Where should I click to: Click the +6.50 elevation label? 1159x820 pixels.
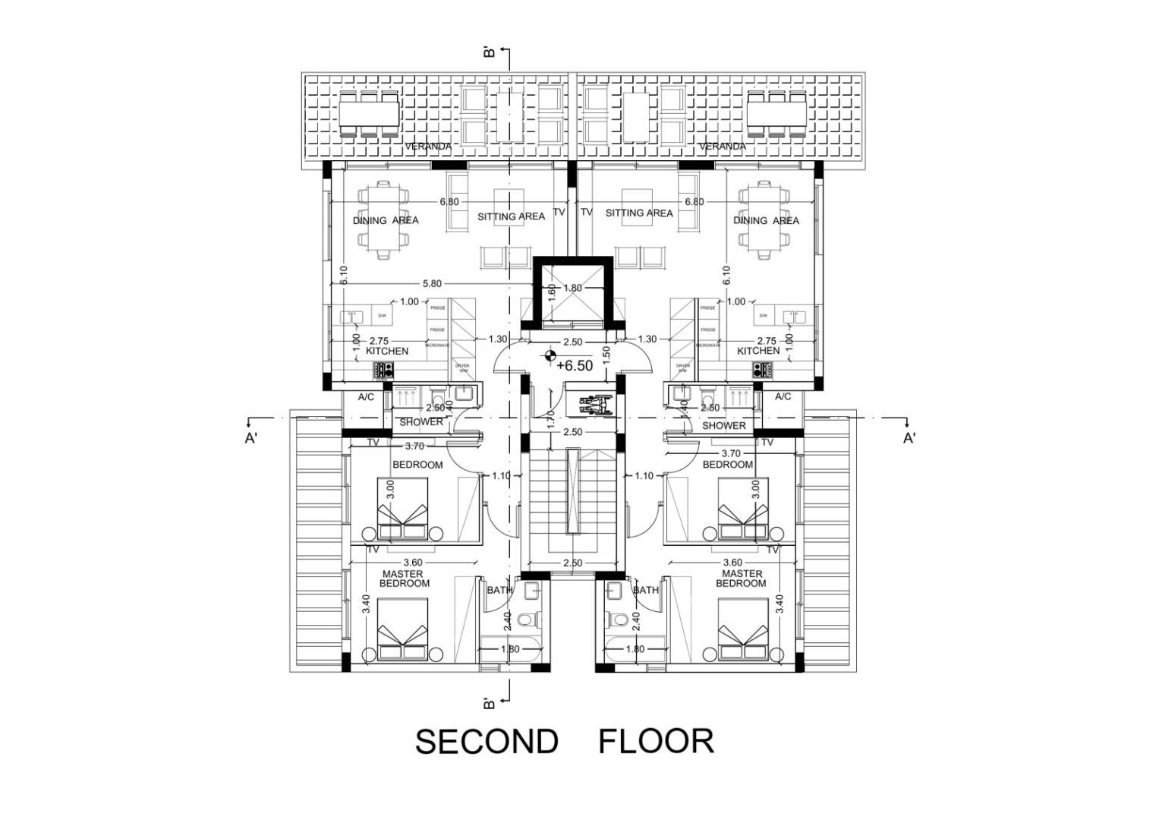575,366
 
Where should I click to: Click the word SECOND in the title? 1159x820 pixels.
487,742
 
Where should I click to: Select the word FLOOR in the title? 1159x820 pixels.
657,742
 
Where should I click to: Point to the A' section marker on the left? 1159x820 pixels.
251,438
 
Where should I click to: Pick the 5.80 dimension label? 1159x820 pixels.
432,284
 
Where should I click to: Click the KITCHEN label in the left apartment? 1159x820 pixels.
387,351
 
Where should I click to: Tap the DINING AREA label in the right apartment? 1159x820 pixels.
766,220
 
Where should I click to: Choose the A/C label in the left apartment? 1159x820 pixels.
366,397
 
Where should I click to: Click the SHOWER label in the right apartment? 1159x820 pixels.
723,426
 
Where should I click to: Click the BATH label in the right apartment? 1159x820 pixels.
646,590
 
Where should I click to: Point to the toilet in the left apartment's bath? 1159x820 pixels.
526,621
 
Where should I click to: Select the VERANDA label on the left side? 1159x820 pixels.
428,147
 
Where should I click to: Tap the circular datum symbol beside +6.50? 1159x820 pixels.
550,355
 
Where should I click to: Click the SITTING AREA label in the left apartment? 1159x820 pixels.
511,216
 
